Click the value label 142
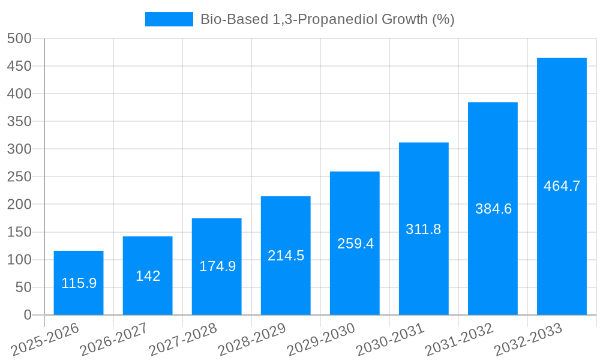click(148, 276)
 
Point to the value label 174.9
click(217, 266)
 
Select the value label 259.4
click(355, 244)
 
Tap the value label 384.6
click(493, 209)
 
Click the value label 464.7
click(562, 186)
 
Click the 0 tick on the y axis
click(28, 315)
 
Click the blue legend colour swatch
click(169, 19)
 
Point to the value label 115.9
click(79, 283)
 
